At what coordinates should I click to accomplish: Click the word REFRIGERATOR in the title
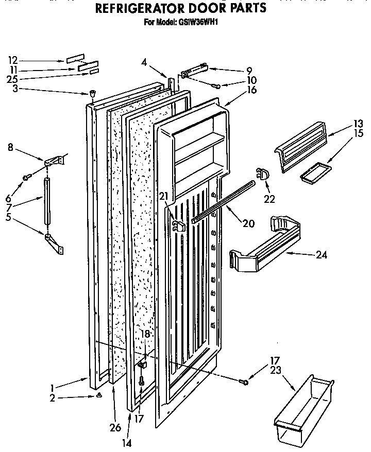tap(138, 8)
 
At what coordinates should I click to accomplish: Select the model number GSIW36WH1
tap(199, 23)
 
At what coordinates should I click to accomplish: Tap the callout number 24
tap(322, 254)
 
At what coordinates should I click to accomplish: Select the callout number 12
tap(13, 59)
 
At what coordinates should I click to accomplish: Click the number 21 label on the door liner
tap(164, 196)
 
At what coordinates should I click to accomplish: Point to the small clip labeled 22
tap(262, 175)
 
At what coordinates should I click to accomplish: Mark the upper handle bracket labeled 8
tap(55, 161)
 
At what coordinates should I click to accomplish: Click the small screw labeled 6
tap(25, 178)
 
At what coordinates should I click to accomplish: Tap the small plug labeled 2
tap(98, 395)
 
